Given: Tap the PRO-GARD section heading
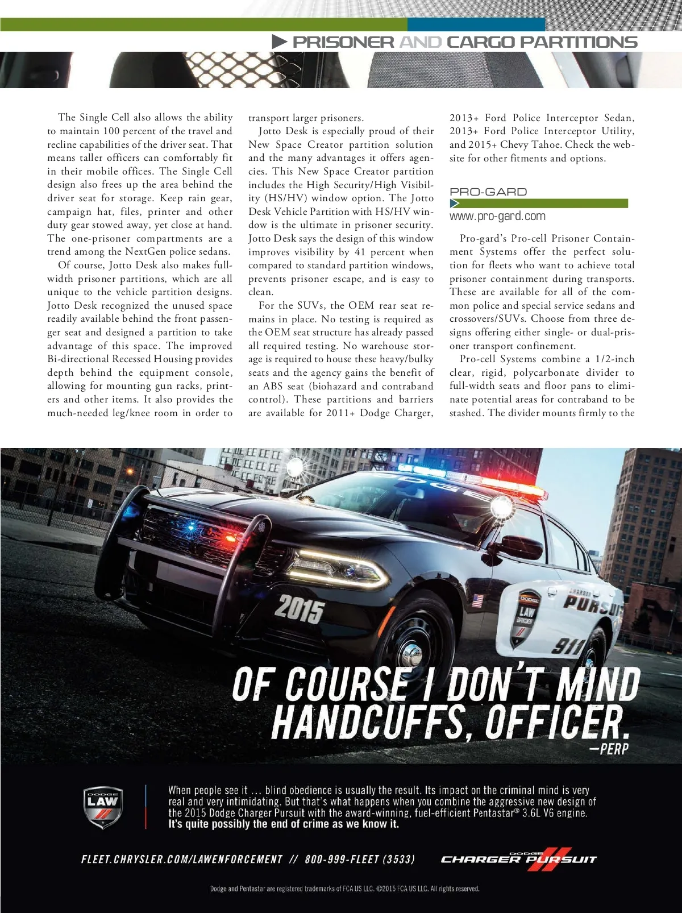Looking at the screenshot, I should point(488,192).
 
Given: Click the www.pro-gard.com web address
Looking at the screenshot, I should point(497,216).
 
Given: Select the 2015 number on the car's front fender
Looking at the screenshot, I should point(300,609).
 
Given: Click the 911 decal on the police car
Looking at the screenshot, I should point(568,646).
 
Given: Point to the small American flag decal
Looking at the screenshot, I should point(477,600).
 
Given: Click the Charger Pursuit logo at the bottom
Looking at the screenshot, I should point(518,858).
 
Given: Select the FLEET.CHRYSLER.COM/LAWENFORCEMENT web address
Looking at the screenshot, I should point(182,859).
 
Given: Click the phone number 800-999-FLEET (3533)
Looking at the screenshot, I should point(360,859).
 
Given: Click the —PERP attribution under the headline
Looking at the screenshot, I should point(609,749).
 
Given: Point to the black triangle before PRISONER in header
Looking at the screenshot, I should point(279,42).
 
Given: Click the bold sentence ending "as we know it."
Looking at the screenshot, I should point(283,824).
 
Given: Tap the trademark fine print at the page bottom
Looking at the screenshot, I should point(344,889).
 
